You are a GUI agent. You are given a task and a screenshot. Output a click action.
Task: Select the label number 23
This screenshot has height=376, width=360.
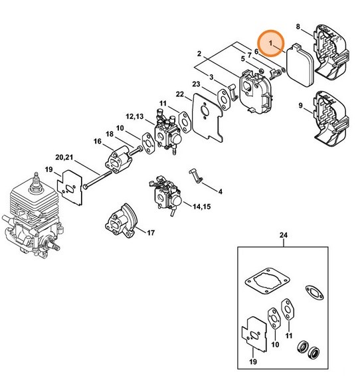tap(196, 84)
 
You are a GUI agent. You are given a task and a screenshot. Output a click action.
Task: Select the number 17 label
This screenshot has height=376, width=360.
tap(151, 233)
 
